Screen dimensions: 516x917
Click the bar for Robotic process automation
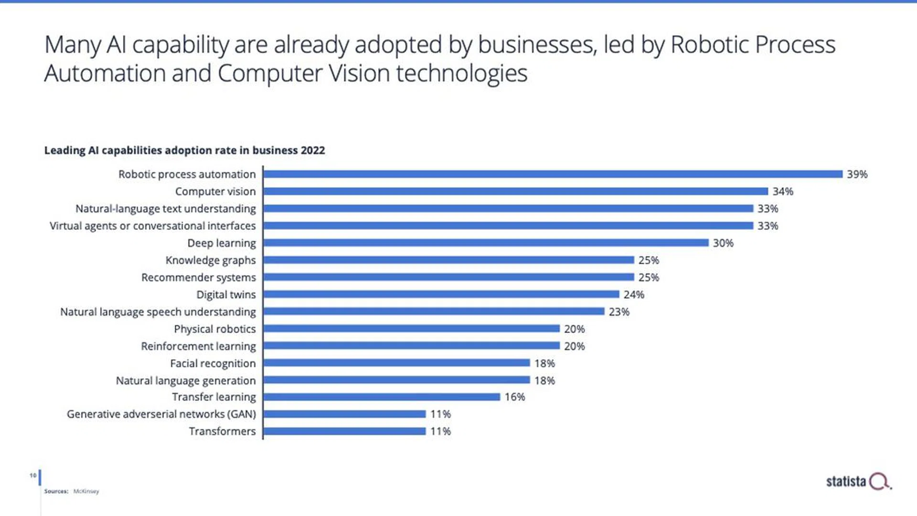553,174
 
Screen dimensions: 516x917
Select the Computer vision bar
516,191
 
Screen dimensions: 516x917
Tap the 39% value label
857,174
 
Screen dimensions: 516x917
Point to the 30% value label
723,243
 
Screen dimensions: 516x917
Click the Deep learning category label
222,243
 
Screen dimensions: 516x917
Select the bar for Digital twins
441,294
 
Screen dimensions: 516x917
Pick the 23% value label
619,312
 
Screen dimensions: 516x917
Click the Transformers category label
222,431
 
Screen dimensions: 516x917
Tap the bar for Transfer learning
382,397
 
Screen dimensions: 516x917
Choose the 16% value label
515,397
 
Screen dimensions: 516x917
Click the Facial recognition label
213,364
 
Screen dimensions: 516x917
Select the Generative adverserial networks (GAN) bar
344,414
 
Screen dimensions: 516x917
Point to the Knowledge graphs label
211,260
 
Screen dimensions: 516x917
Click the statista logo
858,482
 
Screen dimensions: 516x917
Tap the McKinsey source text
86,491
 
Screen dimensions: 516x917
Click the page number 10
32,475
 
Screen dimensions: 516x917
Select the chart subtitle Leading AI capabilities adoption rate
184,150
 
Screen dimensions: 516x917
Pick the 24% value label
634,295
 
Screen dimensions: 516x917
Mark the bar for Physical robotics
411,329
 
